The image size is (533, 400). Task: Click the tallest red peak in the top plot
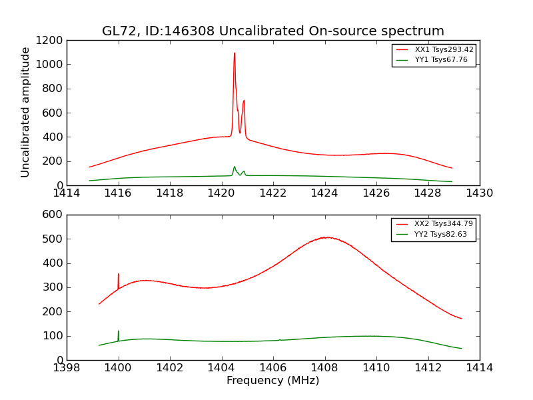coord(235,53)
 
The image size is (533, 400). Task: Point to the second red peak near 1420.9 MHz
coord(244,101)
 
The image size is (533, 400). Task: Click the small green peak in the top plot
coord(235,167)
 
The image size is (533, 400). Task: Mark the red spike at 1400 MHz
coord(119,274)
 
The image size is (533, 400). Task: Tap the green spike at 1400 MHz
coord(119,331)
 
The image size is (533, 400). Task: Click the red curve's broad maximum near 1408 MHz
coord(326,237)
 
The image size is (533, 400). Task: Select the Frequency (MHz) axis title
coord(272,381)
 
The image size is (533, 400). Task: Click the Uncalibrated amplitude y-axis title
coord(25,112)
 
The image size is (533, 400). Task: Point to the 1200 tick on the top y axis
coord(53,40)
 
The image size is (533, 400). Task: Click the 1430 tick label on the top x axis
coord(479,193)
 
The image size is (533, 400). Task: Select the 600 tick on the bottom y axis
coord(55,215)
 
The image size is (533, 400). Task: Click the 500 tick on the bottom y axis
coord(55,239)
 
